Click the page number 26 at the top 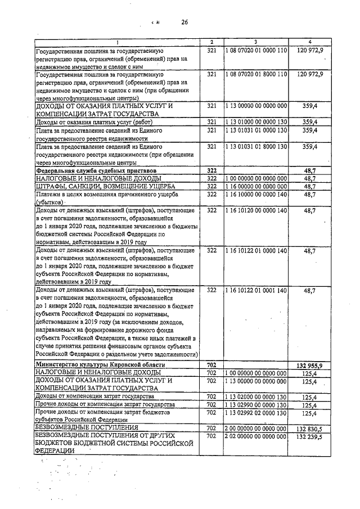(184, 22)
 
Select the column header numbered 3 (255, 42)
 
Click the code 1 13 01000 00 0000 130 (255, 122)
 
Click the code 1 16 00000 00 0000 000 (255, 186)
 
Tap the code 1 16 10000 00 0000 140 (255, 195)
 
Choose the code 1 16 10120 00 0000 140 (255, 210)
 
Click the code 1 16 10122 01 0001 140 (255, 290)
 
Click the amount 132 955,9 (309, 365)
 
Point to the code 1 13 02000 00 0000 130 (255, 397)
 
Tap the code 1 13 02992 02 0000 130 (255, 413)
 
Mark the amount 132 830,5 (309, 428)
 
